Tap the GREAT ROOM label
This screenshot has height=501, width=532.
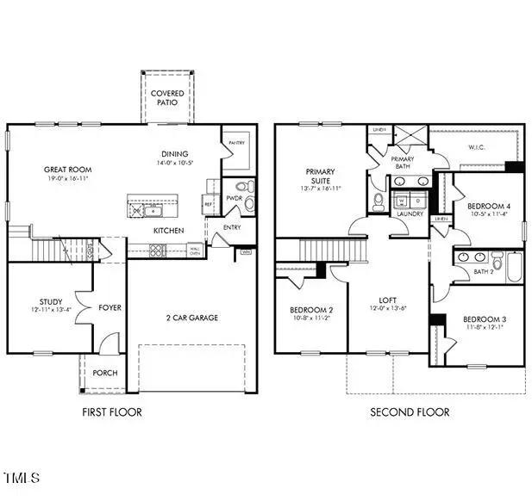(x=68, y=170)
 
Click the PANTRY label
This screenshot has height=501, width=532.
(x=234, y=144)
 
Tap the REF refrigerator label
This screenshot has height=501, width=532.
(x=209, y=204)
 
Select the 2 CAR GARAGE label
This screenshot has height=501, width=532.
(x=191, y=318)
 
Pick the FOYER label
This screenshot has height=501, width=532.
(x=110, y=307)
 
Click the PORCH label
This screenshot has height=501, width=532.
(x=105, y=373)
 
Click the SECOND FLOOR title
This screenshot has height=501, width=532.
(x=410, y=412)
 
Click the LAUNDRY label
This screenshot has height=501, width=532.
(x=410, y=213)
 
